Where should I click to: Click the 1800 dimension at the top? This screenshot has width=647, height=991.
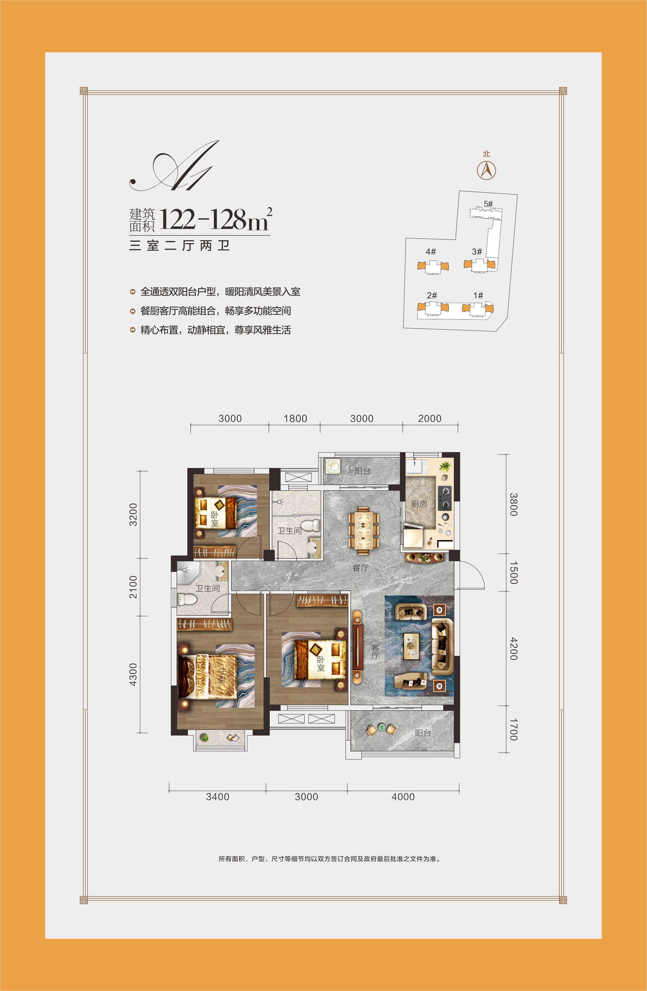click(295, 419)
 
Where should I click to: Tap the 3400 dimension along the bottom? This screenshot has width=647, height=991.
click(217, 796)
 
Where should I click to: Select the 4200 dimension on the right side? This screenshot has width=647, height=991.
click(514, 648)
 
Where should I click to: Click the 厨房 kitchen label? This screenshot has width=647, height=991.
click(419, 504)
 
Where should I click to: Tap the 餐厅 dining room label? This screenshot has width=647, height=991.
click(360, 568)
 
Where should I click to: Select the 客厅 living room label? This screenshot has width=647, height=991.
click(375, 652)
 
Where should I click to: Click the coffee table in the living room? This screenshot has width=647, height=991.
click(412, 646)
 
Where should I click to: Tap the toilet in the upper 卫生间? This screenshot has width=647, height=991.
click(310, 525)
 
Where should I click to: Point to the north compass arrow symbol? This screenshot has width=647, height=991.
click(486, 170)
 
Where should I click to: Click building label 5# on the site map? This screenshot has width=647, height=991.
click(488, 204)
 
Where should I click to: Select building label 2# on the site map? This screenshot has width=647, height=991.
click(432, 295)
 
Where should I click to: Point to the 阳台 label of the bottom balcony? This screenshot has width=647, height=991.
click(423, 733)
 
